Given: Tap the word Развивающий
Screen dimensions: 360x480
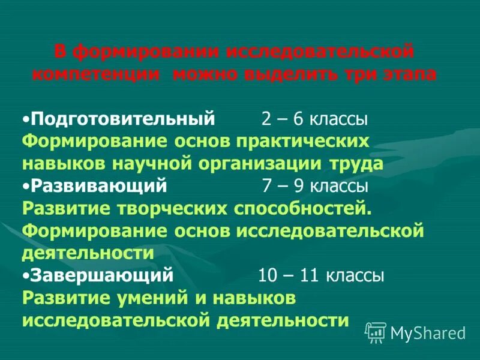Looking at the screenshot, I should coord(98,186).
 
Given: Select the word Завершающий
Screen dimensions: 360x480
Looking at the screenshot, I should coord(101,275).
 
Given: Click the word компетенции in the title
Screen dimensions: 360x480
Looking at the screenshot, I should coord(95,75).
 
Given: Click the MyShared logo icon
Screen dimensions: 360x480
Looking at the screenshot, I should coord(376,332).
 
